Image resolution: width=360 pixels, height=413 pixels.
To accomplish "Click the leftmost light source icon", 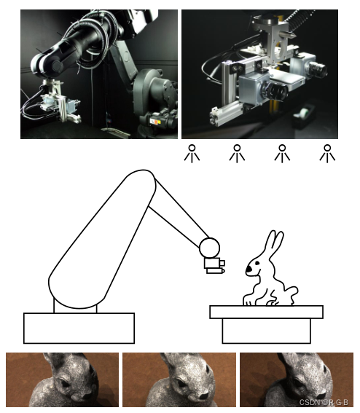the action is (192, 153).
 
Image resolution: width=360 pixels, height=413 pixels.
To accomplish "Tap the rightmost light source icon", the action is (327, 153).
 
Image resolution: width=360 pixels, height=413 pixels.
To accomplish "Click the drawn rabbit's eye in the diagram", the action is (257, 263).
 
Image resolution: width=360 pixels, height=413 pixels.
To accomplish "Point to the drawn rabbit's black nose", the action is (249, 270).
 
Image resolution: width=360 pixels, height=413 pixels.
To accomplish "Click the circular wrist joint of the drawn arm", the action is (210, 248).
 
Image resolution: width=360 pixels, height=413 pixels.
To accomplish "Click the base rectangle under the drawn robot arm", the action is (79, 329).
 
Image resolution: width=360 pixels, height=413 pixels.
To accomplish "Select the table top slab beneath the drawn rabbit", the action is (267, 312).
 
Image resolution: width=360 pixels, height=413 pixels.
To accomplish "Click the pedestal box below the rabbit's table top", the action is (267, 331).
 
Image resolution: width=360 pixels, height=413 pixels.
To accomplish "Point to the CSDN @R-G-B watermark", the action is (324, 402).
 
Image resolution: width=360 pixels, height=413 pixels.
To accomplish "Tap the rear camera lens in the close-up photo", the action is (318, 69).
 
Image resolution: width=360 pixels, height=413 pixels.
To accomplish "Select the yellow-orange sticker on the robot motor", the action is (155, 122).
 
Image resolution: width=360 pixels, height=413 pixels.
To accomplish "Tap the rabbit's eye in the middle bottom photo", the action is (181, 382).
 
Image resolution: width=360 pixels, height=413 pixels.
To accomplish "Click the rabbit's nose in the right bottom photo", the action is (320, 396).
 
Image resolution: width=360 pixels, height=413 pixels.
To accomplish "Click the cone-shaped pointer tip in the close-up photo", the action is (291, 34).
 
